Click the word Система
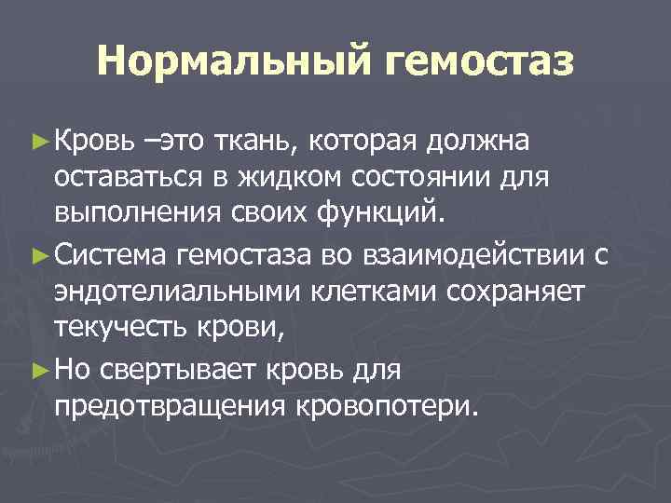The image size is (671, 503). click(x=111, y=253)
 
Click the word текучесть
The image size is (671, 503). click(x=117, y=330)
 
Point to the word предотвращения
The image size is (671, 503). click(x=171, y=406)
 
